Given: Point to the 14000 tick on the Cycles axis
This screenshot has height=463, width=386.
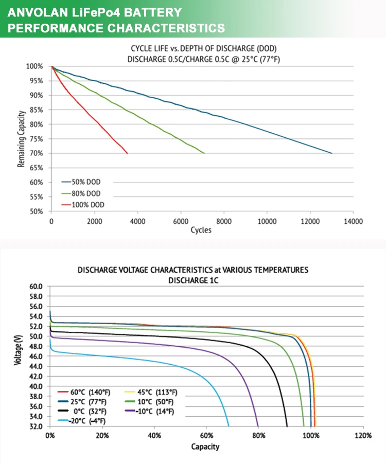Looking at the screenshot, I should [x=353, y=221].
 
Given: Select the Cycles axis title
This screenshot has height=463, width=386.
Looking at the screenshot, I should [x=201, y=230].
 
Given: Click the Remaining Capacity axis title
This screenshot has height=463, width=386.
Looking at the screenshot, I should [x=22, y=139].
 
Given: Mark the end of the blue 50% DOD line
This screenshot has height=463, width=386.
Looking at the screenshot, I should [x=332, y=153].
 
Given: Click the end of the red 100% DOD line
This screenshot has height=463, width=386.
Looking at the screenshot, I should [x=127, y=153].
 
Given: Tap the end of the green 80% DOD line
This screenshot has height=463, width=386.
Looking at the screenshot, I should [x=204, y=153].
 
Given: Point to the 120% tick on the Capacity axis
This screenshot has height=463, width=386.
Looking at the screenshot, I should [x=363, y=435].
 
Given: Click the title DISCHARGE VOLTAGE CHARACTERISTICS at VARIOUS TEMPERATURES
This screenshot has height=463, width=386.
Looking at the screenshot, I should [x=193, y=270].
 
